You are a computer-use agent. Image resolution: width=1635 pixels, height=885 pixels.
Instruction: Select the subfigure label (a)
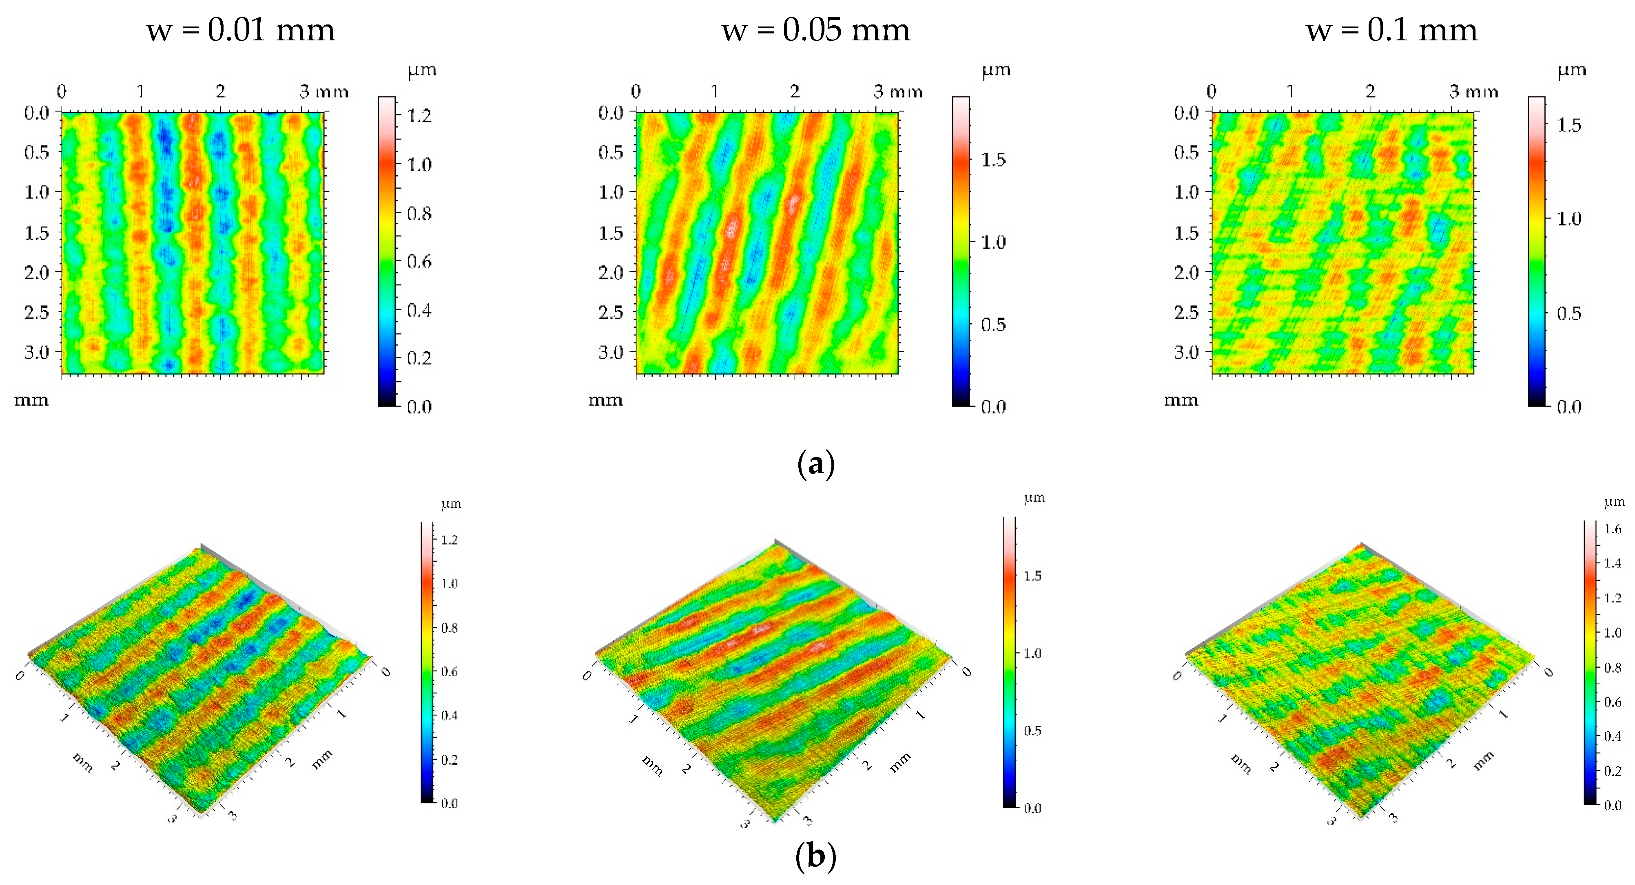tap(815, 464)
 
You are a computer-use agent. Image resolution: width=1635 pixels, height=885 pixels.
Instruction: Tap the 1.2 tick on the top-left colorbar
tap(419, 115)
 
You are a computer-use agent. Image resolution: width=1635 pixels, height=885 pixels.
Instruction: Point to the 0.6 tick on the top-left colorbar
tap(419, 261)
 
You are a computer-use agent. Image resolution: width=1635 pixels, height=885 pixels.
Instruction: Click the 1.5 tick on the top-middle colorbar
tap(993, 160)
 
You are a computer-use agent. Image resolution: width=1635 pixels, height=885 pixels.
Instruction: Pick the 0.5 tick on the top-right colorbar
tap(1569, 313)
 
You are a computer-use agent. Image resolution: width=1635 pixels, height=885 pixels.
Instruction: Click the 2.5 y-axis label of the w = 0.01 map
tap(36, 312)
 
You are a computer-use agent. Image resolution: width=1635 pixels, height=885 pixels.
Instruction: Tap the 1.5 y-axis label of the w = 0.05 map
tap(611, 233)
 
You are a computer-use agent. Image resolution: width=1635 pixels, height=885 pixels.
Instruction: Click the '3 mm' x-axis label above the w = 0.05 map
tap(897, 92)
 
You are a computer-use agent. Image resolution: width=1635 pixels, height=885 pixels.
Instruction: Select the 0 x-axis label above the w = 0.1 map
tap(1212, 92)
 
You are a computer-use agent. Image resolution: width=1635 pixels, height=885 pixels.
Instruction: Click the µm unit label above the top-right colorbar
tap(1571, 70)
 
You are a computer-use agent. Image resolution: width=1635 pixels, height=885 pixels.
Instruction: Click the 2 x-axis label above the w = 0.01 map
tap(220, 92)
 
